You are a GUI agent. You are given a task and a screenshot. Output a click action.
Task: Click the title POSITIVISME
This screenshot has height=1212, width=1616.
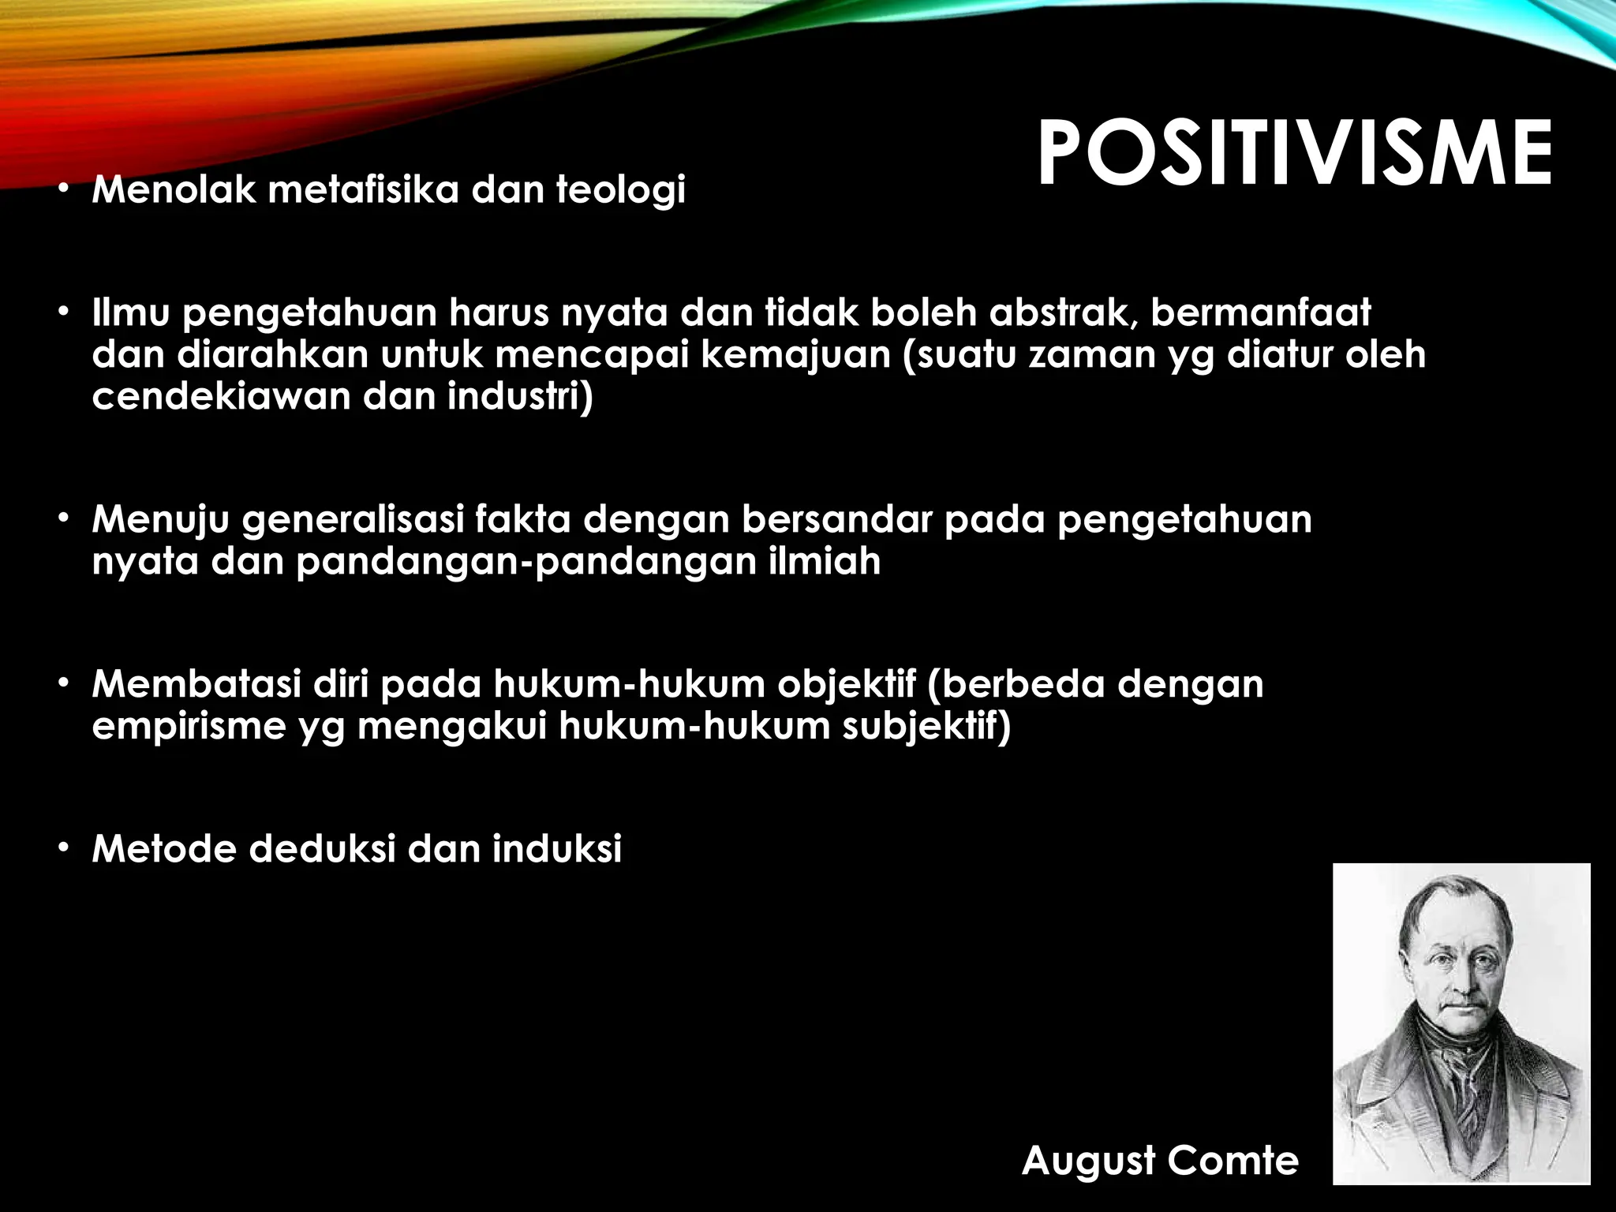1294,154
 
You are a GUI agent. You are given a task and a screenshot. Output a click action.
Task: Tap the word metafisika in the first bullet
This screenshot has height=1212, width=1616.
363,190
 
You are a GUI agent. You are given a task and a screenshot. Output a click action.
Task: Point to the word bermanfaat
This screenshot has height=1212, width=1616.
1261,313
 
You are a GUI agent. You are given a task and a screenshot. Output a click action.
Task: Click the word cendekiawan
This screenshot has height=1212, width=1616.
220,396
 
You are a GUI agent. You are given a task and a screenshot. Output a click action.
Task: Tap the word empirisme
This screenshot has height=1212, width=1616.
188,727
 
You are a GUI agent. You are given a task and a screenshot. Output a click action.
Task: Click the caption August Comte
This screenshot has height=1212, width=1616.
1160,1161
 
